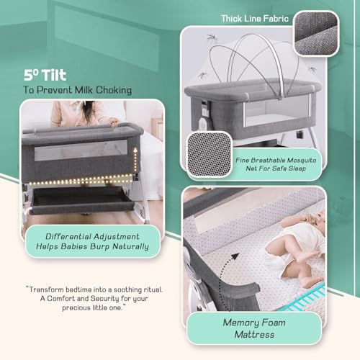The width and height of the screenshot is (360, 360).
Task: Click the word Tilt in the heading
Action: click(54, 75)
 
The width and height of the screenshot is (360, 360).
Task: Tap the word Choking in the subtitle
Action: click(114, 91)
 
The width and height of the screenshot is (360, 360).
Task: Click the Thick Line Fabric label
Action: click(255, 19)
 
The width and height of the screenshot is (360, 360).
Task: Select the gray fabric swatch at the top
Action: click(316, 33)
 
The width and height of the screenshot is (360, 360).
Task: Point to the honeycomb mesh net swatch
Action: click(210, 154)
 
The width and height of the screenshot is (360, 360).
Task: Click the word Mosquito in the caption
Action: click(302, 161)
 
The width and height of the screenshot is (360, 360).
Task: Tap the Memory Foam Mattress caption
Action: click(254, 328)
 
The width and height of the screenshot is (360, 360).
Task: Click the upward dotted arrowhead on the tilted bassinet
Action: click(135, 150)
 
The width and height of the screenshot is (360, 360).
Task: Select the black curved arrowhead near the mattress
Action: click(235, 256)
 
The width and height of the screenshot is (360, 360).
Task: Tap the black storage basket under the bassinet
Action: click(81, 199)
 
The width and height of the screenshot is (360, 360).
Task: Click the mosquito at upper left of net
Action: click(212, 38)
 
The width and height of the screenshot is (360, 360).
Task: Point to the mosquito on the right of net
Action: click(312, 69)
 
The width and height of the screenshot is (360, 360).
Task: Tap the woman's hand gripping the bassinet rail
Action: click(114, 123)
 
